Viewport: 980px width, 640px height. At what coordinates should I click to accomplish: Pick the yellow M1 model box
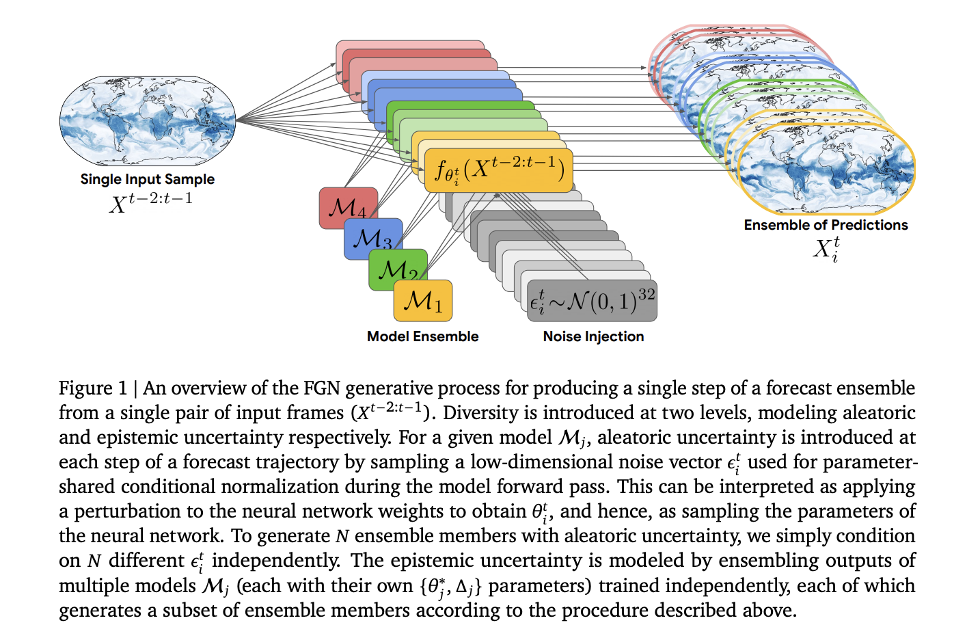[422, 300]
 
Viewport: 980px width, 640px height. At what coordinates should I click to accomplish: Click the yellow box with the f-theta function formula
[498, 171]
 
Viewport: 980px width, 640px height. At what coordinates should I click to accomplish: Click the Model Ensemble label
[422, 336]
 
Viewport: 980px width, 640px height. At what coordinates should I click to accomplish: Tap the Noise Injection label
[593, 336]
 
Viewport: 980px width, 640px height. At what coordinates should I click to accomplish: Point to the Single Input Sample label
[147, 179]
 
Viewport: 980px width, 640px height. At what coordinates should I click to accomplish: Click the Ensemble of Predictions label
[826, 225]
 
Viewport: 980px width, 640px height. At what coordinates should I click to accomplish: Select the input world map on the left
[147, 121]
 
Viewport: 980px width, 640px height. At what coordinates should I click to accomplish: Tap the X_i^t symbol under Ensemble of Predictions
[826, 249]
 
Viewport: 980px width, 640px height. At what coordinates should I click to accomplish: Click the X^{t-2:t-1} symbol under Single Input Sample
[151, 202]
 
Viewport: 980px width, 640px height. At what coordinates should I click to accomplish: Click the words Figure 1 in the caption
[93, 388]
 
